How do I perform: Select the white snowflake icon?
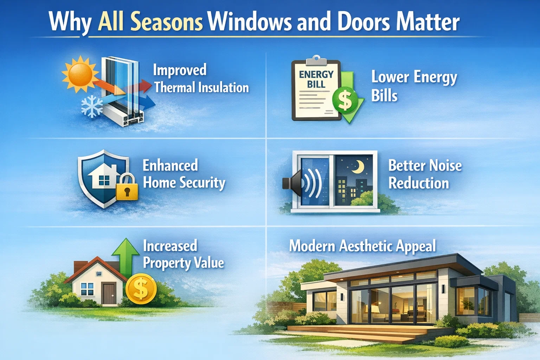click(92, 107)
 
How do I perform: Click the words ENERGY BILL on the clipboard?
click(316, 79)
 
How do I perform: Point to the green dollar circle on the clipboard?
click(345, 100)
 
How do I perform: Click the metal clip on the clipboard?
click(316, 60)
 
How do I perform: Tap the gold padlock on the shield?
click(127, 188)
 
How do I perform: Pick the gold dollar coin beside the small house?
click(141, 289)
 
